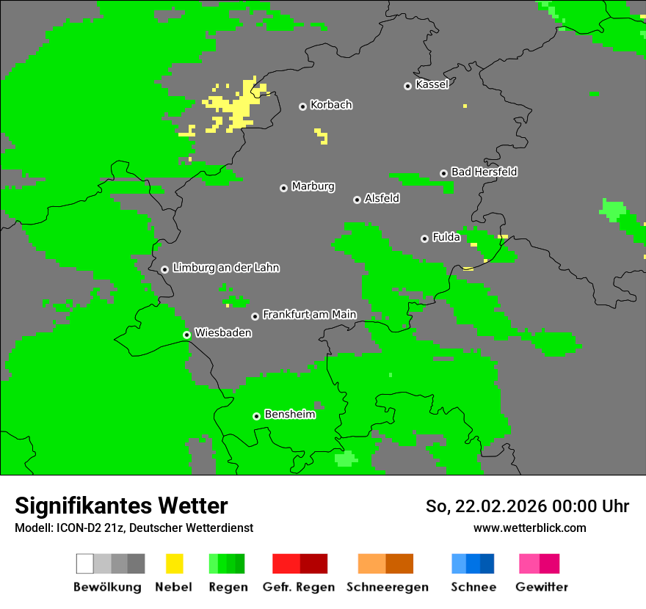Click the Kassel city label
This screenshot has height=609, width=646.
[432, 84]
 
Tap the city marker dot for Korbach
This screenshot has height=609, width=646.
[302, 106]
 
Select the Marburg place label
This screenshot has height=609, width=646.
[313, 186]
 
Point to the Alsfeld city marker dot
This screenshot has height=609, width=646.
[357, 200]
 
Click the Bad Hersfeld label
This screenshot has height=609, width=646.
[484, 172]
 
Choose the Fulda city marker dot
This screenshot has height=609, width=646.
[424, 238]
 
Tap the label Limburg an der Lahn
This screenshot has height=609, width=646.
[225, 268]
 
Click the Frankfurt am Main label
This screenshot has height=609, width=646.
[309, 315]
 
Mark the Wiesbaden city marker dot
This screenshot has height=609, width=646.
[187, 335]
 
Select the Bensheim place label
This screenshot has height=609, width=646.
[289, 415]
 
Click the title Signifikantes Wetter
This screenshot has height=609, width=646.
[121, 506]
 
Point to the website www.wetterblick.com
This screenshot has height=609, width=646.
[529, 528]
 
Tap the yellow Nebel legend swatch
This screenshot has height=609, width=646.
[174, 564]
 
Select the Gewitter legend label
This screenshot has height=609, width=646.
[541, 587]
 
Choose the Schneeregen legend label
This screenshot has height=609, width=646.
[387, 587]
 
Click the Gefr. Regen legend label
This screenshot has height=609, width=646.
[299, 587]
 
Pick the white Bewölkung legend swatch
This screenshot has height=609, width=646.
[84, 564]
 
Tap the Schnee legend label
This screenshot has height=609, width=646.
[473, 587]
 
